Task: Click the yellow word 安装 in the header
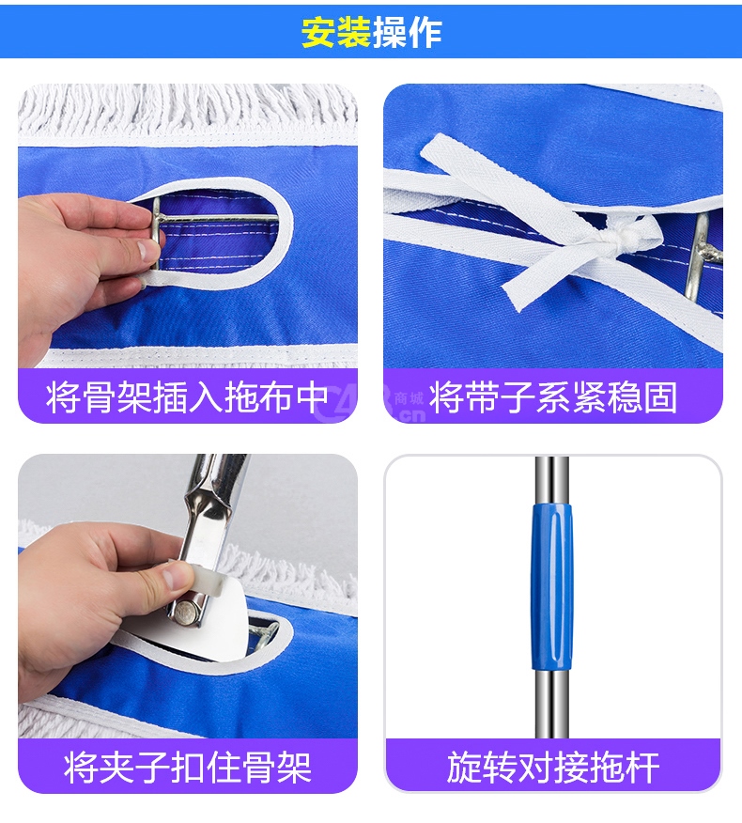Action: (336, 33)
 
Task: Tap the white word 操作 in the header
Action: (408, 33)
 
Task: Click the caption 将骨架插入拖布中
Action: (187, 397)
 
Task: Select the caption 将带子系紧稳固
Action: (553, 397)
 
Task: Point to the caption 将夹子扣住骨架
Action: (187, 768)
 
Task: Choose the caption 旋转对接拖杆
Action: (553, 768)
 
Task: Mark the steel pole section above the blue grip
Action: (552, 479)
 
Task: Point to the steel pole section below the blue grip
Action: (552, 704)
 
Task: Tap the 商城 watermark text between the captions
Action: (409, 398)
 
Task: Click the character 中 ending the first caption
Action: (313, 397)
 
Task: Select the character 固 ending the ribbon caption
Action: (660, 397)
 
